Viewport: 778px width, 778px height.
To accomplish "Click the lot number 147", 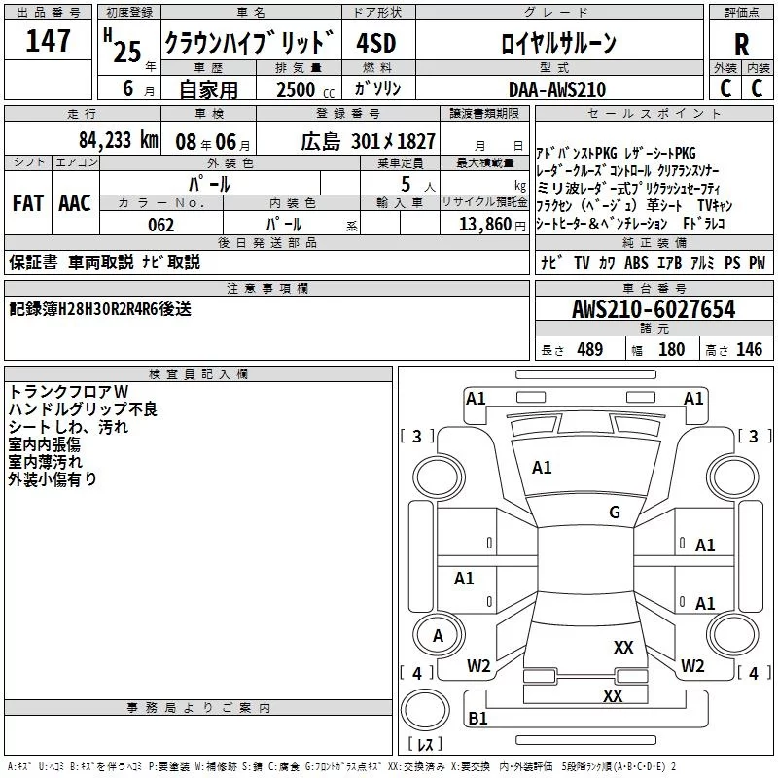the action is tap(49, 41).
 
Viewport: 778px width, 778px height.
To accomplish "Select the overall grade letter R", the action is tap(741, 44).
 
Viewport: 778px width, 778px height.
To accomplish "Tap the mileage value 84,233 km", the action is tap(118, 140).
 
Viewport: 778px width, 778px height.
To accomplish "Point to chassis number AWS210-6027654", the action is tap(654, 309).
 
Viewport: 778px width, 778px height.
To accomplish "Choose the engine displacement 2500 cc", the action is tap(301, 89).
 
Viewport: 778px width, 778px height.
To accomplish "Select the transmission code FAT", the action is tap(27, 202).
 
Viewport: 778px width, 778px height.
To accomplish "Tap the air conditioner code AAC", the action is tap(74, 202).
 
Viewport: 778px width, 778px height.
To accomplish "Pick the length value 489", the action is tap(586, 350).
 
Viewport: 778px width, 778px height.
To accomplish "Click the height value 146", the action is tap(749, 350).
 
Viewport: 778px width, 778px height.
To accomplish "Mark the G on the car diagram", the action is tap(615, 513).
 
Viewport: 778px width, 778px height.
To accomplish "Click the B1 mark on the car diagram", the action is tap(477, 718).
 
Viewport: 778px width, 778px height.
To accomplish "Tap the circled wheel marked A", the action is tap(438, 636).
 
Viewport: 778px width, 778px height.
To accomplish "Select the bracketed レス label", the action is tap(424, 746).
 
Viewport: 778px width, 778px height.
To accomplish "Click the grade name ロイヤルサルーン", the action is tap(557, 44).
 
